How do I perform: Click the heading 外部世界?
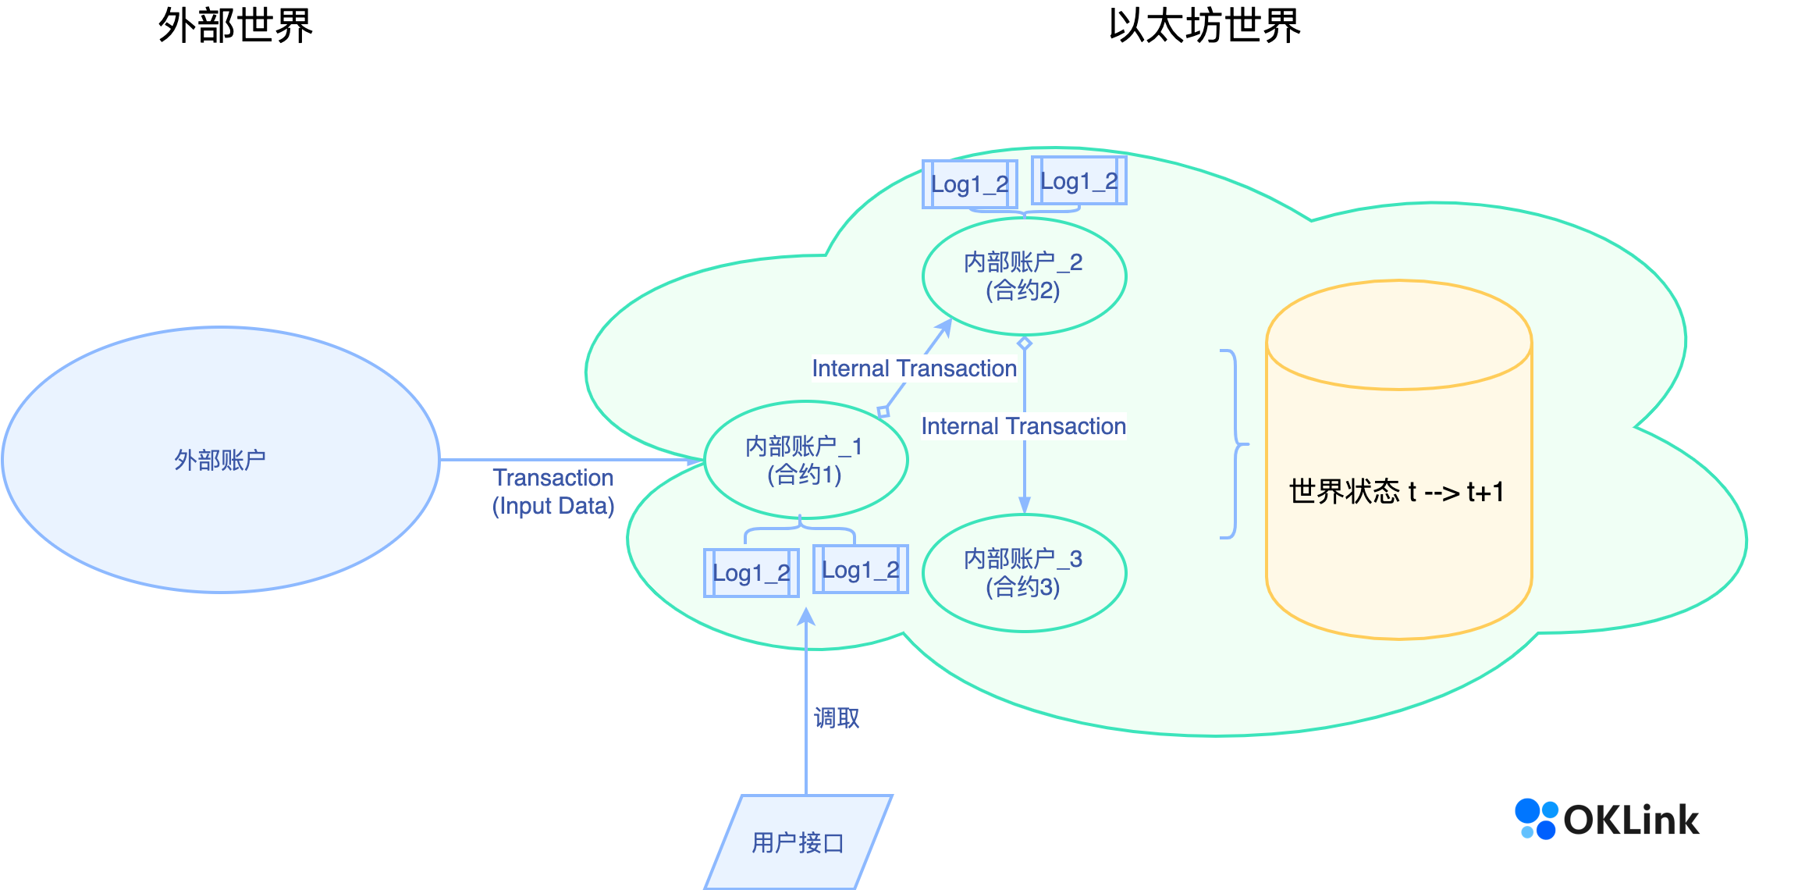(x=236, y=26)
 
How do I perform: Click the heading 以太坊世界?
(x=1204, y=26)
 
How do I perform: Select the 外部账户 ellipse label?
(x=220, y=460)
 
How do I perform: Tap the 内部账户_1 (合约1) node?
(x=805, y=460)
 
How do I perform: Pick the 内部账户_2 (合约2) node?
(x=1023, y=276)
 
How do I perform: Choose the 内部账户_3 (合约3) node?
(x=1023, y=573)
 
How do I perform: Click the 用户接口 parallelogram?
(x=798, y=842)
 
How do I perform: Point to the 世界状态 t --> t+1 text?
(x=1396, y=492)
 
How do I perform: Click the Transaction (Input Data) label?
(x=553, y=492)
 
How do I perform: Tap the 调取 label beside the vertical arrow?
(x=837, y=717)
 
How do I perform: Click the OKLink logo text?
(x=1631, y=820)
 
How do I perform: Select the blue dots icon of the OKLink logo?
(x=1536, y=819)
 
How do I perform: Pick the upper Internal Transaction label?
(x=914, y=368)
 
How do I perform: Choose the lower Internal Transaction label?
(x=1023, y=426)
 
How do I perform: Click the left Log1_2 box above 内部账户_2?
(x=969, y=184)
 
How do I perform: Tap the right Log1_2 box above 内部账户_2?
(x=1078, y=181)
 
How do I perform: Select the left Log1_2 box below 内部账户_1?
(x=751, y=573)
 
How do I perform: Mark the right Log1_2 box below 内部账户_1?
(x=860, y=570)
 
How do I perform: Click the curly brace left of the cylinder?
(x=1233, y=444)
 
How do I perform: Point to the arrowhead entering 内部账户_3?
(x=1025, y=505)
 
